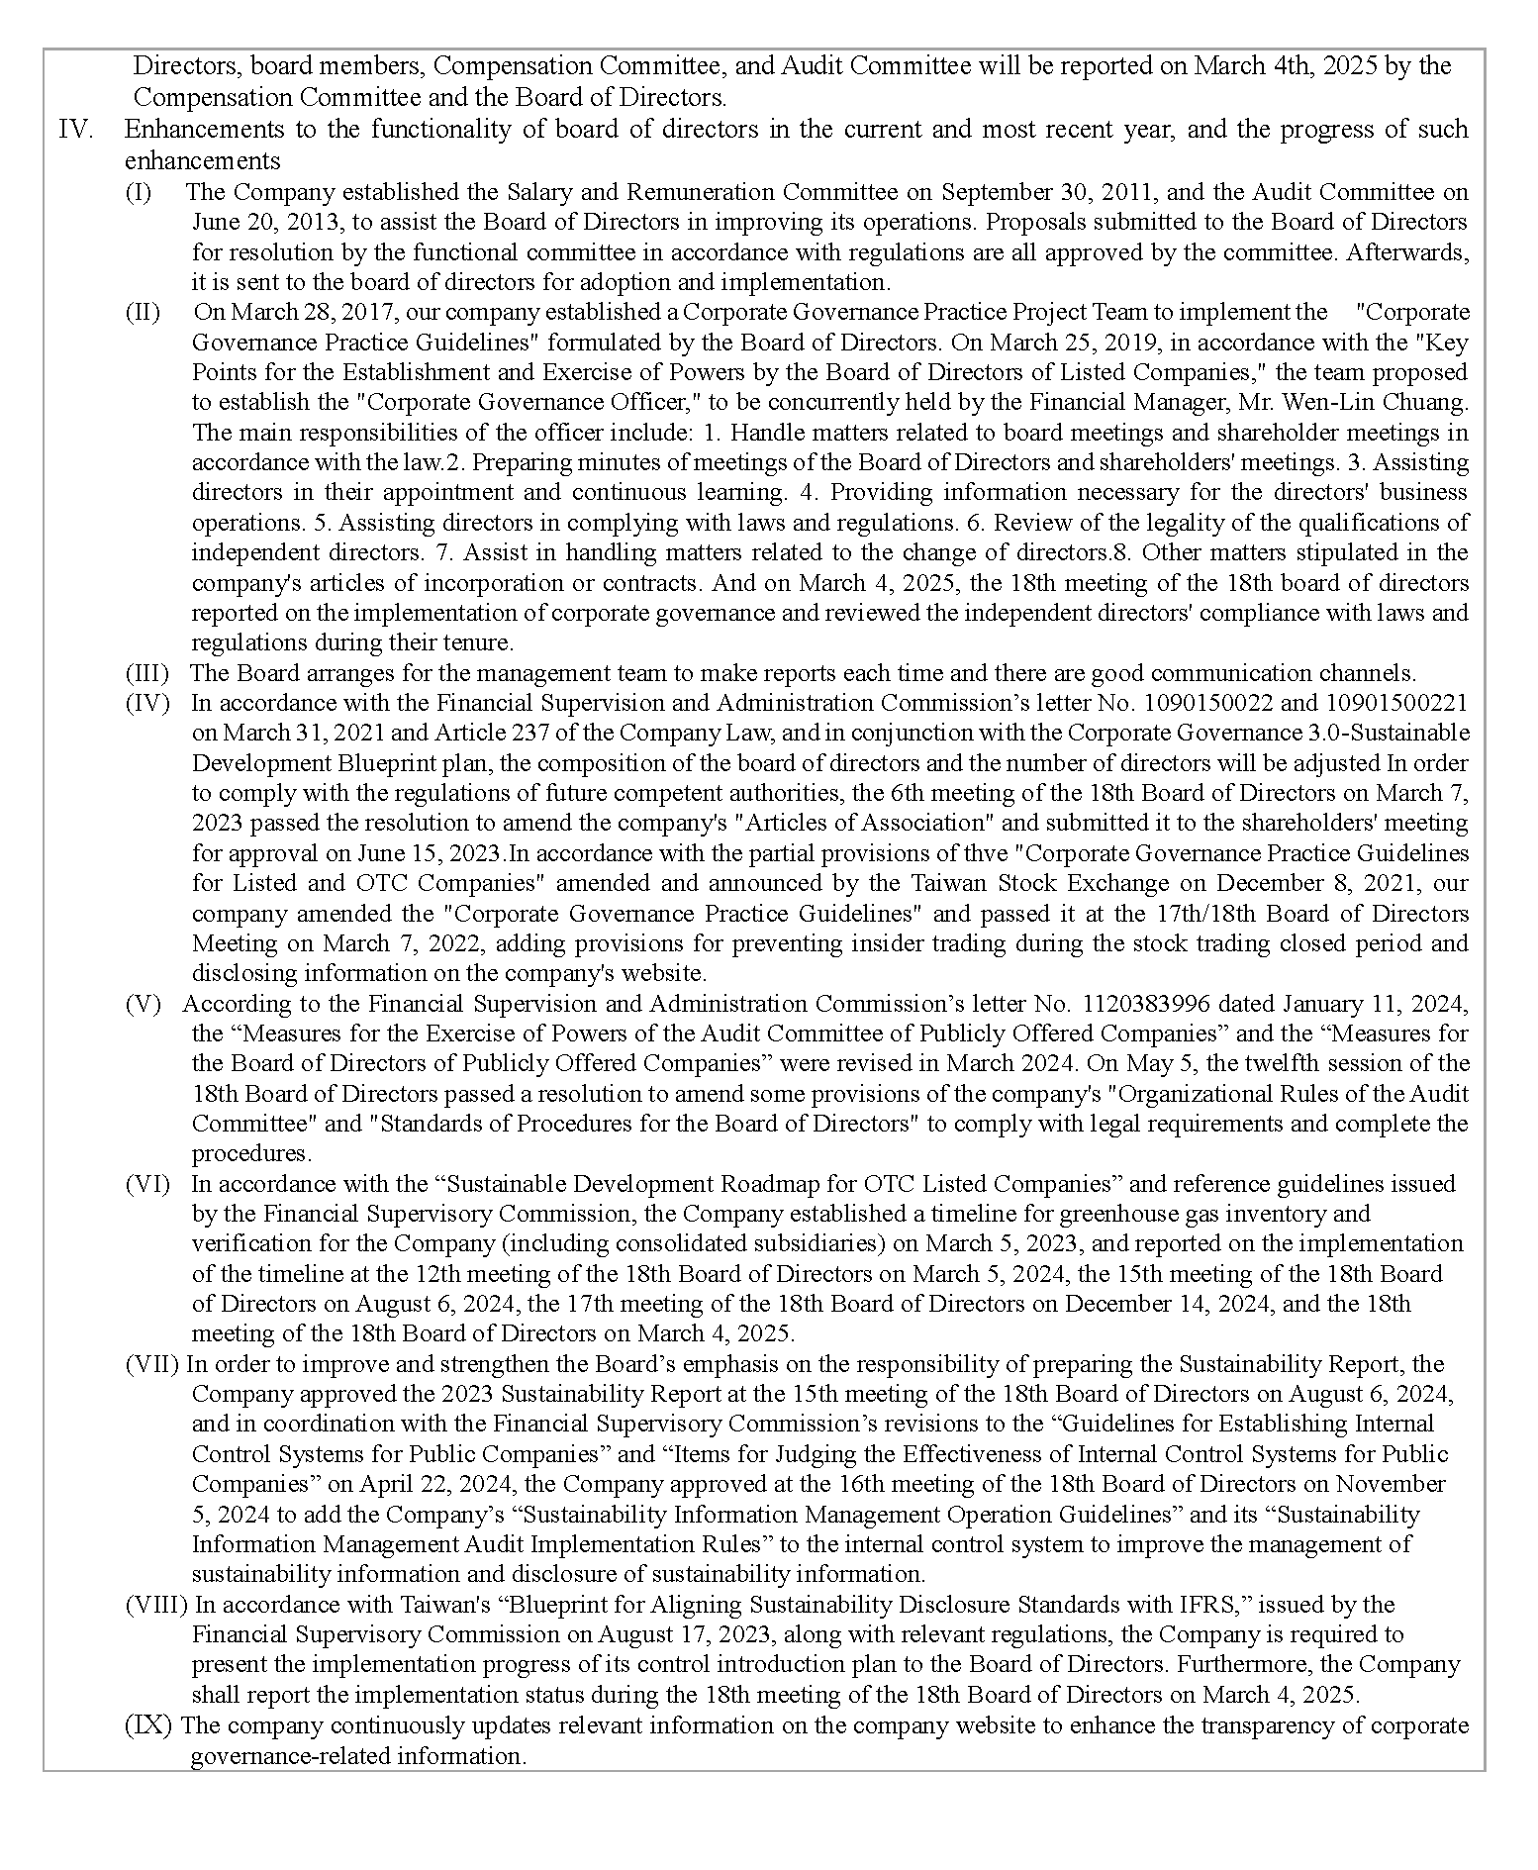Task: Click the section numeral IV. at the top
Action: tap(76, 130)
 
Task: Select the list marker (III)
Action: tap(146, 673)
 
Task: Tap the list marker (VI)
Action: tap(146, 1184)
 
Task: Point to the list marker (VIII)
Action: tap(156, 1605)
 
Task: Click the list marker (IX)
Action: tap(148, 1725)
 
